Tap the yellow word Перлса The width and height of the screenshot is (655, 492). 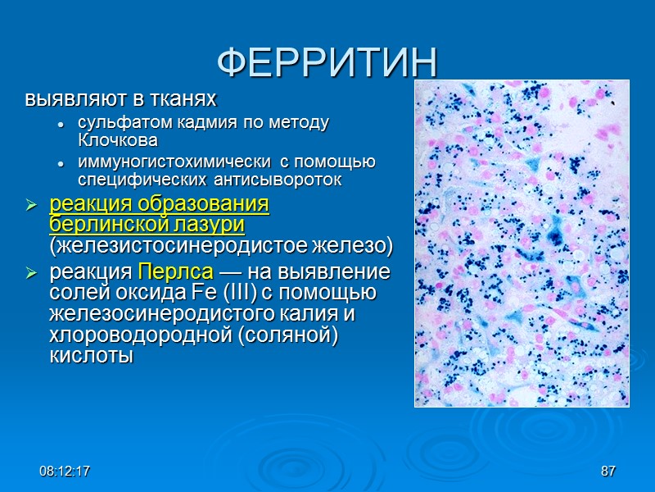tap(174, 271)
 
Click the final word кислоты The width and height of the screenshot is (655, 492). tap(91, 357)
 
